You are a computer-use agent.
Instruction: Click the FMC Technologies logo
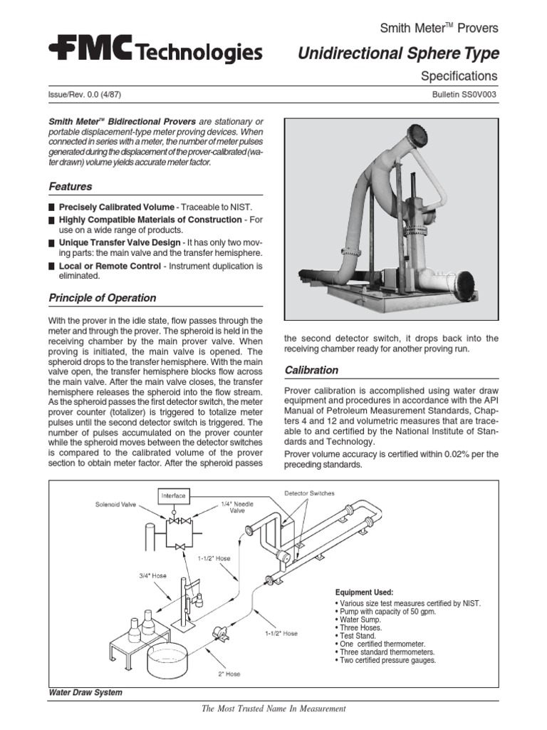[155, 51]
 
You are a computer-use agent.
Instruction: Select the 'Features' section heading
[70, 187]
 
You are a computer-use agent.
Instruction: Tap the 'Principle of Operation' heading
[102, 297]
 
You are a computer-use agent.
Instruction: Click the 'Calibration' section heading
[311, 370]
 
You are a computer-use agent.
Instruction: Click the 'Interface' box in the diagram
[173, 495]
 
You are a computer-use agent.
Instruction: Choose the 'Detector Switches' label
[309, 493]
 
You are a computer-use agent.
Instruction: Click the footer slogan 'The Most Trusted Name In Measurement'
[273, 709]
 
